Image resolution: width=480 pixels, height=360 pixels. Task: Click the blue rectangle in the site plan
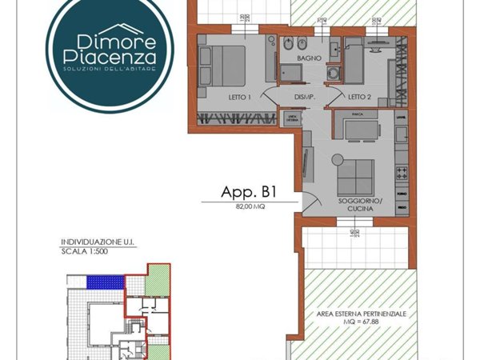pyautogui.click(x=107, y=282)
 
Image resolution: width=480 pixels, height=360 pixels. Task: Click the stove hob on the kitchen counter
pyautogui.click(x=402, y=171)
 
